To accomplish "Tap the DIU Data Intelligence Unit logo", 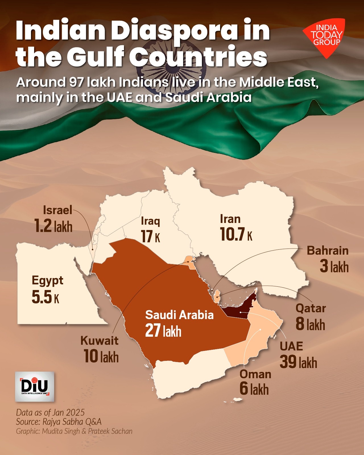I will pyautogui.click(x=34, y=386).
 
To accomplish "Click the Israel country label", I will pyautogui.click(x=57, y=210).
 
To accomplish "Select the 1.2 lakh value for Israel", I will pyautogui.click(x=53, y=226).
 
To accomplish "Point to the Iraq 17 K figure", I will pyautogui.click(x=150, y=236).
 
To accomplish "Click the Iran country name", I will pyautogui.click(x=230, y=219).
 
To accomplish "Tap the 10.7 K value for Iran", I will pyautogui.click(x=236, y=235).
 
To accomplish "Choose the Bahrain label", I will pyautogui.click(x=327, y=251).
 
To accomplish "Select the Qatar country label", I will pyautogui.click(x=311, y=308).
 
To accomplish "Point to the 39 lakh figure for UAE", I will pyautogui.click(x=298, y=362).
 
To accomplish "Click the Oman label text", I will pyautogui.click(x=255, y=374).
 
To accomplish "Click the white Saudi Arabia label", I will pyautogui.click(x=179, y=315).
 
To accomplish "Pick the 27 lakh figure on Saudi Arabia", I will pyautogui.click(x=163, y=331).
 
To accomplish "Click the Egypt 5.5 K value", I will pyautogui.click(x=45, y=297).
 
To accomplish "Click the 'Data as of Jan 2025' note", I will pyautogui.click(x=50, y=412).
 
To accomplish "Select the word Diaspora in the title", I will pyautogui.click(x=174, y=31).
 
